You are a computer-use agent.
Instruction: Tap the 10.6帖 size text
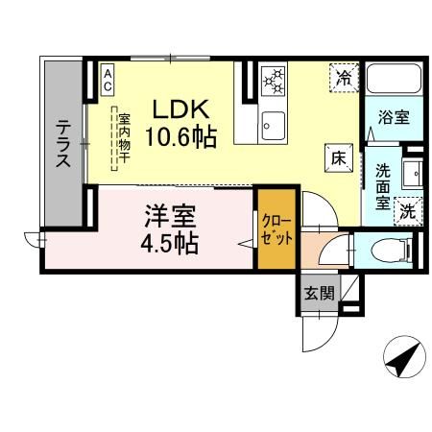[x=180, y=135]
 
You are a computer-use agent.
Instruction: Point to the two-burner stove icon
[x=273, y=81]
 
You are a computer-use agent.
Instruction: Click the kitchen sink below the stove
[x=273, y=125]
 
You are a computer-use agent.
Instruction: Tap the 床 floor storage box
[x=338, y=155]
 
